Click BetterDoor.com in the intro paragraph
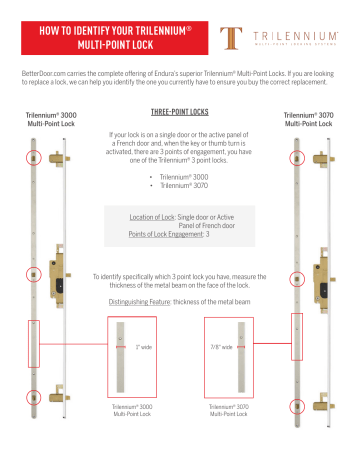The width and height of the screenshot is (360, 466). [x=43, y=75]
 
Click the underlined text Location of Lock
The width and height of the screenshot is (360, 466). [x=154, y=216]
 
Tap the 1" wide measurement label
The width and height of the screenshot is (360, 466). [x=141, y=347]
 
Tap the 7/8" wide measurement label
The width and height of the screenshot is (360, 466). [x=220, y=347]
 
